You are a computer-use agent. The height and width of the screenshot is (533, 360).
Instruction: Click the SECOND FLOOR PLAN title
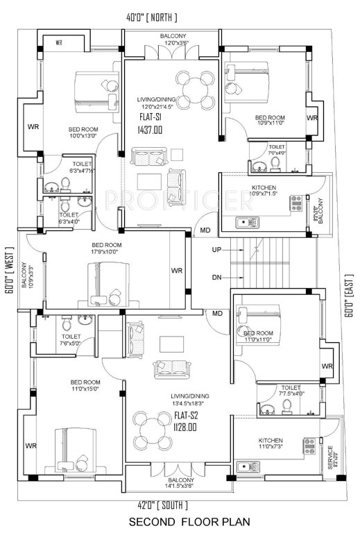tap(180, 521)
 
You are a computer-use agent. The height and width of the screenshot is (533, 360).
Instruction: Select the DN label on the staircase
tap(216, 277)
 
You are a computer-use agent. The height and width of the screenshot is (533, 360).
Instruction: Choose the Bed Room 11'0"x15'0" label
tap(86, 386)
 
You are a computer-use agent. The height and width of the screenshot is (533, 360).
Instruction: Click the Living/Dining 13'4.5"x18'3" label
tap(190, 399)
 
